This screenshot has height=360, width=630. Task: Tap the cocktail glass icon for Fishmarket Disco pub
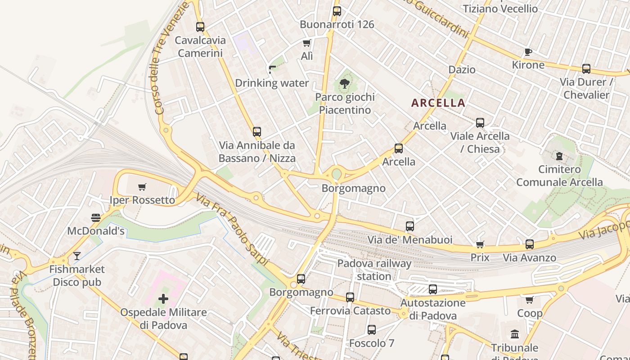point(77,256)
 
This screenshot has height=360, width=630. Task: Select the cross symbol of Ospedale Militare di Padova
point(163,298)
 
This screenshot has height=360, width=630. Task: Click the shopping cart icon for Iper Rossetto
point(142,187)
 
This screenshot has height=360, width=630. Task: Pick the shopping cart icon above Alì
point(307,43)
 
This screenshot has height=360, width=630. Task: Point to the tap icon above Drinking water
point(272,69)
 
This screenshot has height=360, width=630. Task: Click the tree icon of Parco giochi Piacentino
point(345,83)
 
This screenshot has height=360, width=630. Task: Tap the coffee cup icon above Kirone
point(528,52)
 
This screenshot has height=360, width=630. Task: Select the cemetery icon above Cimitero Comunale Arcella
point(559,156)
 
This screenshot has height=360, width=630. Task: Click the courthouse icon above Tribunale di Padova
point(515,334)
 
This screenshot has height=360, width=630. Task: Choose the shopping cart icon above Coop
point(530,300)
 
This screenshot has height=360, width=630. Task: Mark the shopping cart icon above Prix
point(480,244)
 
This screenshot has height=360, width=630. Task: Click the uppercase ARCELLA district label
point(438,103)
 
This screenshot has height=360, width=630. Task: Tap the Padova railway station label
point(374,270)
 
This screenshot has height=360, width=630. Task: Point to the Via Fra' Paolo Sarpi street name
point(232,229)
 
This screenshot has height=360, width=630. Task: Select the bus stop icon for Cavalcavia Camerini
point(200,27)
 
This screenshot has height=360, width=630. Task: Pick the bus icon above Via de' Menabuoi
point(410,226)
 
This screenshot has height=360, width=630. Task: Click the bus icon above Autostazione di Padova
point(433,289)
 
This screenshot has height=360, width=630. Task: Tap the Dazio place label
point(462,69)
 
